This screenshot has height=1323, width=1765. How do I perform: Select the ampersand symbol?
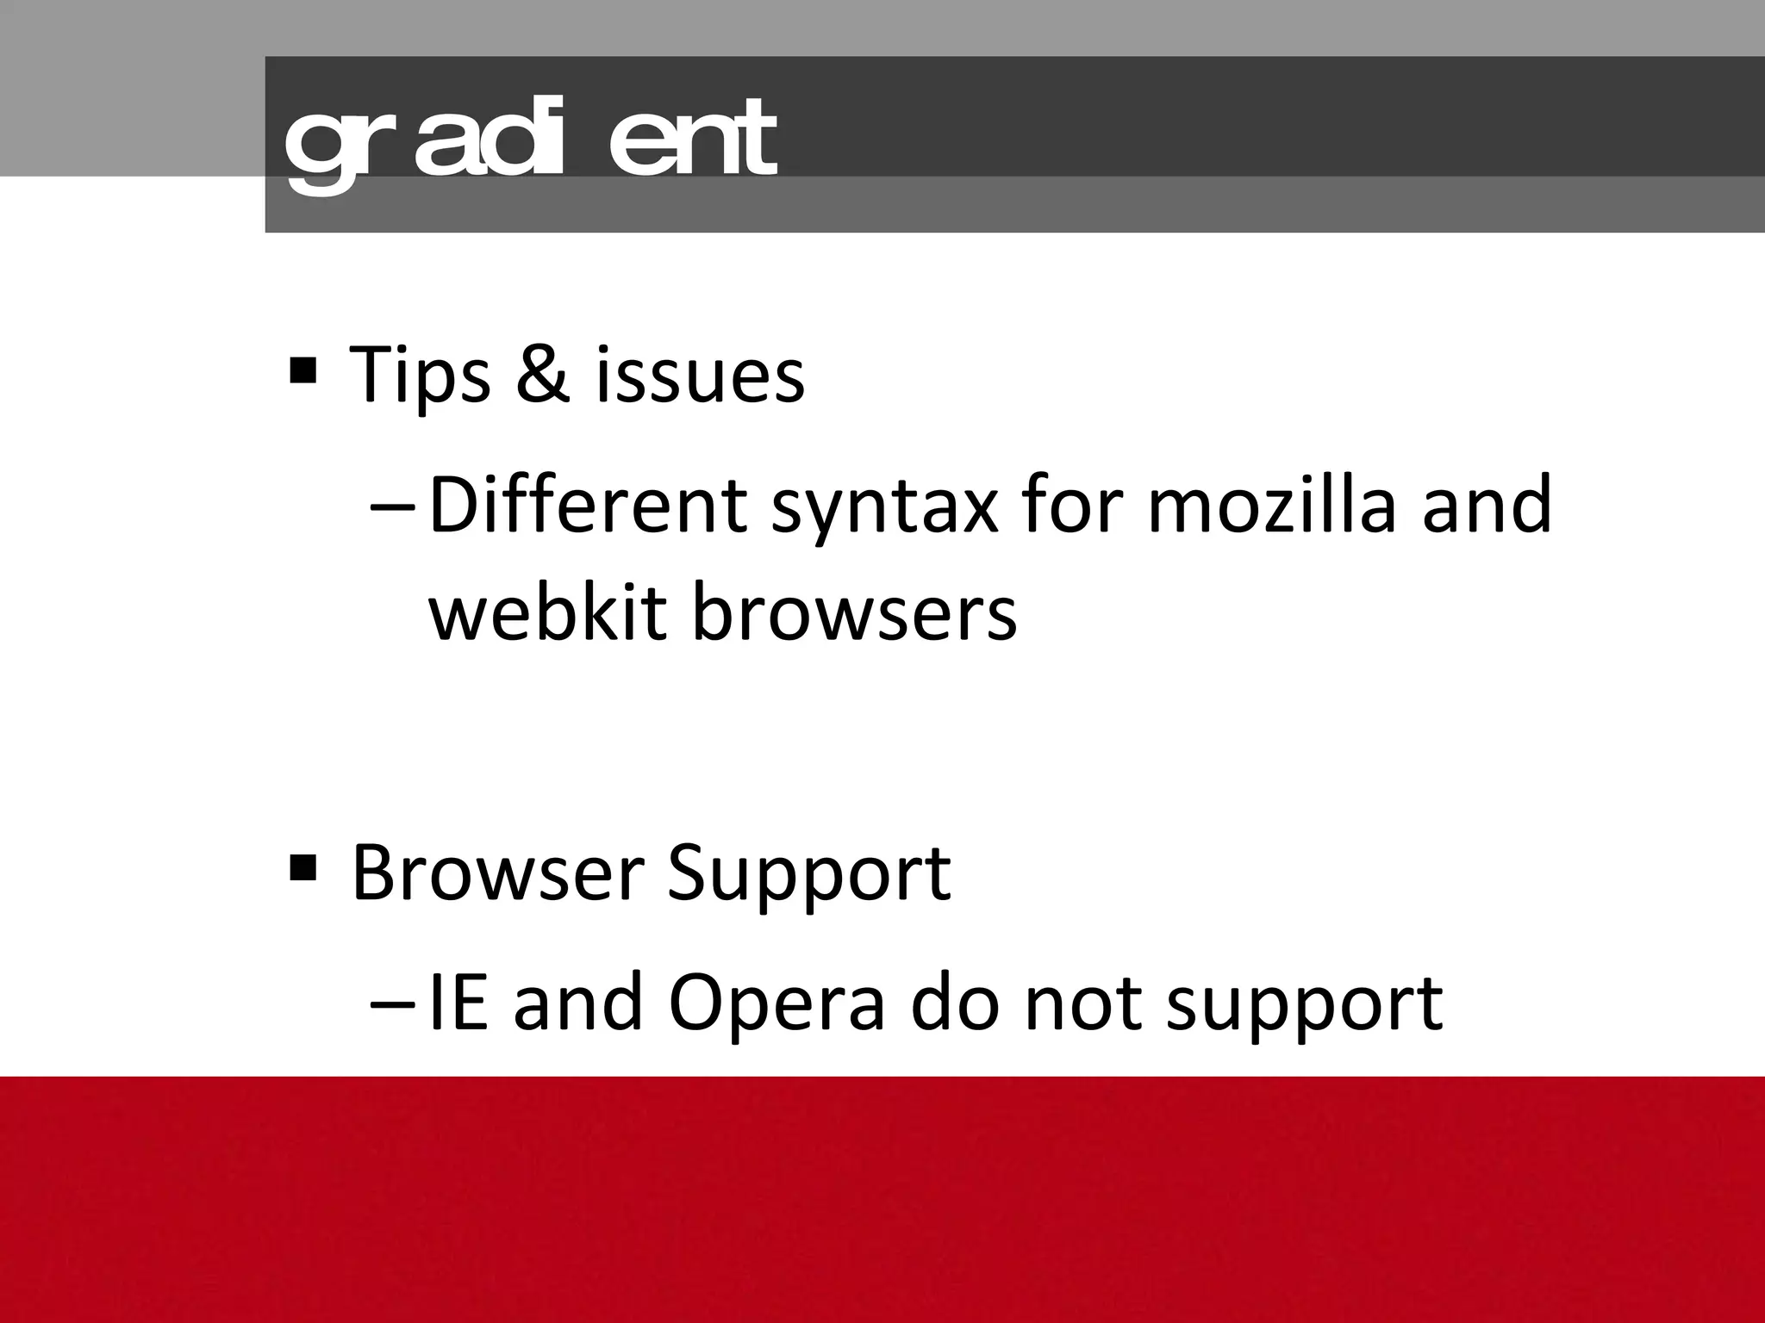point(543,374)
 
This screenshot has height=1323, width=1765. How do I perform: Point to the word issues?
point(700,376)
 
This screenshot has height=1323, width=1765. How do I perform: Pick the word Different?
point(586,506)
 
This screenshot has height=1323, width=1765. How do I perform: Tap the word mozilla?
point(1270,505)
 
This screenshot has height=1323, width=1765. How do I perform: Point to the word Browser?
point(497,873)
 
